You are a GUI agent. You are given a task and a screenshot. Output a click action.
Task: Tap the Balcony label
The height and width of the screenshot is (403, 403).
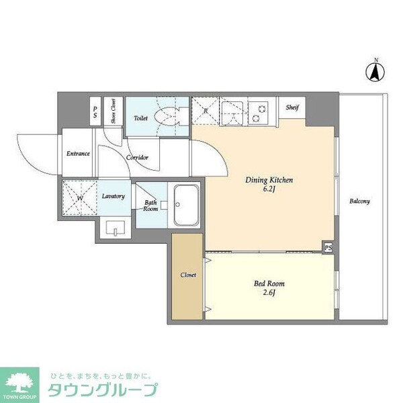tap(359, 201)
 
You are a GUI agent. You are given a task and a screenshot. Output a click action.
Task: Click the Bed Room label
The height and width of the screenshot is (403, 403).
tap(265, 283)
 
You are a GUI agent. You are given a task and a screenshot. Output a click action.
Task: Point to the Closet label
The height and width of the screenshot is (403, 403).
tap(188, 275)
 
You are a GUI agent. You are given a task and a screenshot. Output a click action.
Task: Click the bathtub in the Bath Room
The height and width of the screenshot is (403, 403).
tap(185, 206)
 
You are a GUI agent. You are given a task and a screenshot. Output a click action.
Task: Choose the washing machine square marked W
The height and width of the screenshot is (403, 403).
tap(79, 198)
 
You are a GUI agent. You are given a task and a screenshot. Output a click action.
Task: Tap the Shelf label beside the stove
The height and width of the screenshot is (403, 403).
tap(292, 107)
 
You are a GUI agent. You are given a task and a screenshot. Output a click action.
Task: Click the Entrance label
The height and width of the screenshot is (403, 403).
tap(78, 153)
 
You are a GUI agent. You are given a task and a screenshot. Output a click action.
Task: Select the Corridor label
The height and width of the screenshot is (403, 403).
tap(137, 158)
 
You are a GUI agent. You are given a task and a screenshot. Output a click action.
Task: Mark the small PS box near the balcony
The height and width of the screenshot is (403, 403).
tap(328, 247)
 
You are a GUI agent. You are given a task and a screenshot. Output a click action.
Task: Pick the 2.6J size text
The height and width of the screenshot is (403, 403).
tap(265, 293)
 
